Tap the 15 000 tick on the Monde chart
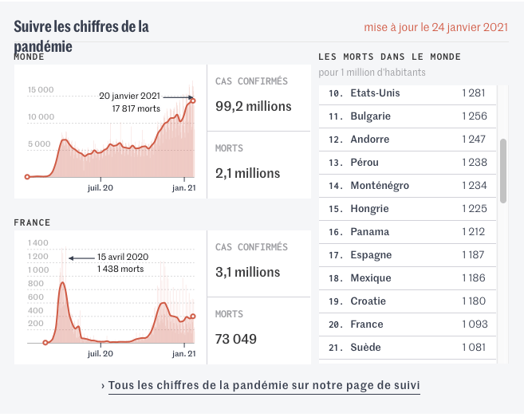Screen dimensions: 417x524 [41, 89]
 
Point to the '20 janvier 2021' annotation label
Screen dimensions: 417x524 [129, 96]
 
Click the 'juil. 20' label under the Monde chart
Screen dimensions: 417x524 [100, 188]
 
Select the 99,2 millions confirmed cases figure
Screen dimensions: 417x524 [254, 106]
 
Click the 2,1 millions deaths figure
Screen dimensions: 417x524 [248, 173]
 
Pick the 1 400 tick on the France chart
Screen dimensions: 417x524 [37, 242]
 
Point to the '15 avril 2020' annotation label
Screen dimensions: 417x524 [123, 258]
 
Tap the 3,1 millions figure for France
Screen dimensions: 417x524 [248, 272]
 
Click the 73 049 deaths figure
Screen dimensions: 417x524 [236, 339]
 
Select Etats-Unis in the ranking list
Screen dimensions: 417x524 [375, 93]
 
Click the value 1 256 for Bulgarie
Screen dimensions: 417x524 [473, 116]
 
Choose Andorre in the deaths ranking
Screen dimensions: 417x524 [370, 140]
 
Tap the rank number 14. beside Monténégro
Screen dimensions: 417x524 [336, 186]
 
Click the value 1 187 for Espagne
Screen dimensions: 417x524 [473, 255]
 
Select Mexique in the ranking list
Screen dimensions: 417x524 [371, 278]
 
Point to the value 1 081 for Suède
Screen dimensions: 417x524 [473, 348]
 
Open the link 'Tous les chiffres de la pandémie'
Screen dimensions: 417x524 [264, 385]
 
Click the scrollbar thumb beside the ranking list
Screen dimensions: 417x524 [502, 171]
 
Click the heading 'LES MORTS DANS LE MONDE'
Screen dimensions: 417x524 [389, 57]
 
